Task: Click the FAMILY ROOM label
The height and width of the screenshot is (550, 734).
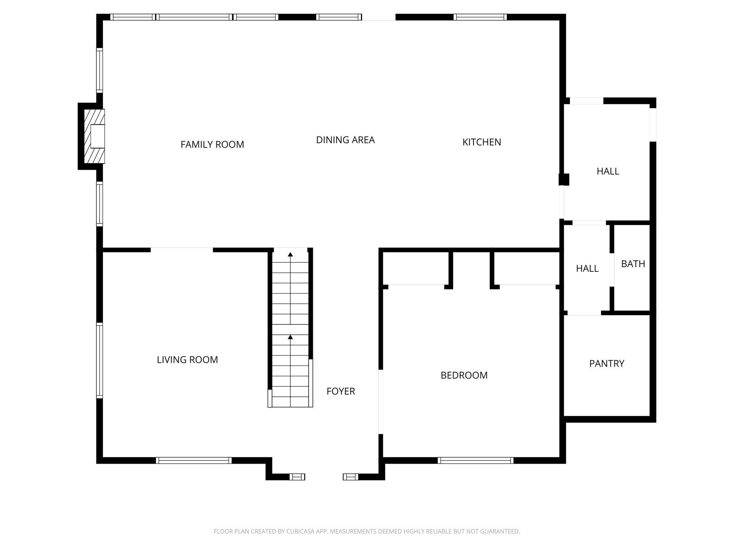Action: [x=212, y=145]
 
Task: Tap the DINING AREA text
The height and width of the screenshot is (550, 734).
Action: [x=345, y=140]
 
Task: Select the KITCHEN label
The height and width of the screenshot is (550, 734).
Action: [x=481, y=142]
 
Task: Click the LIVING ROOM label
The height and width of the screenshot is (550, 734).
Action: [x=187, y=360]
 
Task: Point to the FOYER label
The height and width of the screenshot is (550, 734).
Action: [x=340, y=391]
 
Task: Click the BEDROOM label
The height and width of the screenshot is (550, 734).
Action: [x=464, y=375]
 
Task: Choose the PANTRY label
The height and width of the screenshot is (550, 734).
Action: [x=606, y=364]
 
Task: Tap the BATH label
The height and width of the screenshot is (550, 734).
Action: [x=633, y=264]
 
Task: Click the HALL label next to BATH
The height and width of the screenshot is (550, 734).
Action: [x=587, y=269]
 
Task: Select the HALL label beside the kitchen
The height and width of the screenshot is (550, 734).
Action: [x=608, y=172]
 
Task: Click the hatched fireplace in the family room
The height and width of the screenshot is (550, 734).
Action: [x=94, y=136]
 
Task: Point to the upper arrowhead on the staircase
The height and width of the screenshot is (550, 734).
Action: [x=290, y=255]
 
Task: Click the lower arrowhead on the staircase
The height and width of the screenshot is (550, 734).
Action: [x=290, y=337]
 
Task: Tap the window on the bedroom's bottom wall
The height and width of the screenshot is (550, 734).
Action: [x=475, y=460]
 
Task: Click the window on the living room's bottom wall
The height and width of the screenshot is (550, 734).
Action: [x=194, y=460]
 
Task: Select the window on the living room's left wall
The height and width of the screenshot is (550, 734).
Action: [x=100, y=360]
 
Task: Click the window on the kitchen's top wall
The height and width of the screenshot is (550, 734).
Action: [x=480, y=17]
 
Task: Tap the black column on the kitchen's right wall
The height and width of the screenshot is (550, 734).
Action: [x=564, y=179]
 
